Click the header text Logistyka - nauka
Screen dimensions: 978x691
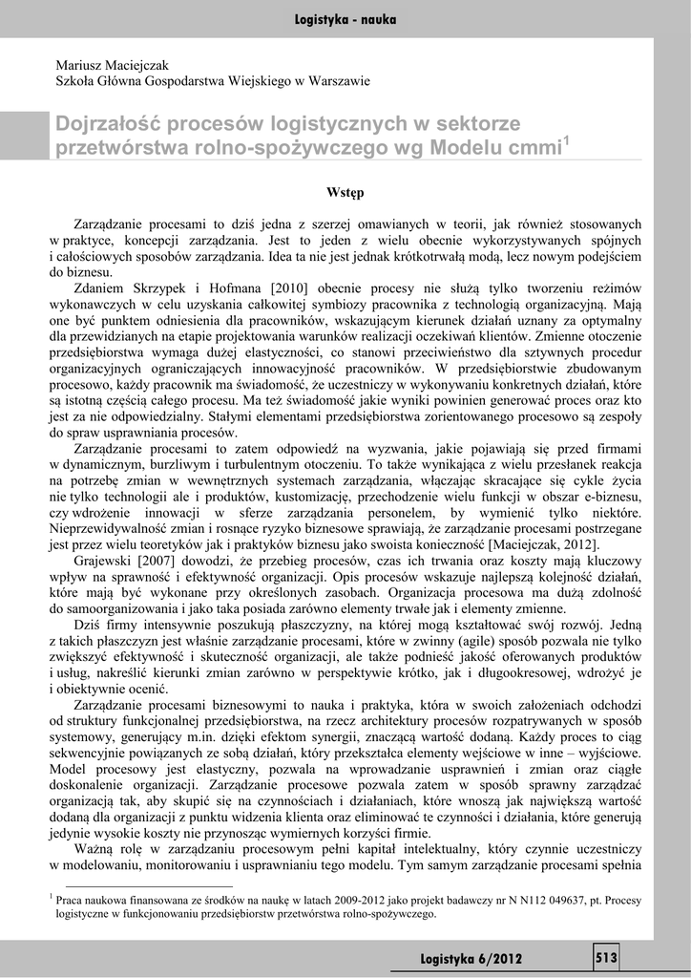click(x=345, y=19)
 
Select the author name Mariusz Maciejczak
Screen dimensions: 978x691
click(x=113, y=66)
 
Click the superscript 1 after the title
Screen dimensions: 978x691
click(x=567, y=141)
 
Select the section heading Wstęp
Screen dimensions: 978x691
click(x=345, y=193)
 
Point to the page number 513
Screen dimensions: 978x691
click(x=606, y=956)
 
